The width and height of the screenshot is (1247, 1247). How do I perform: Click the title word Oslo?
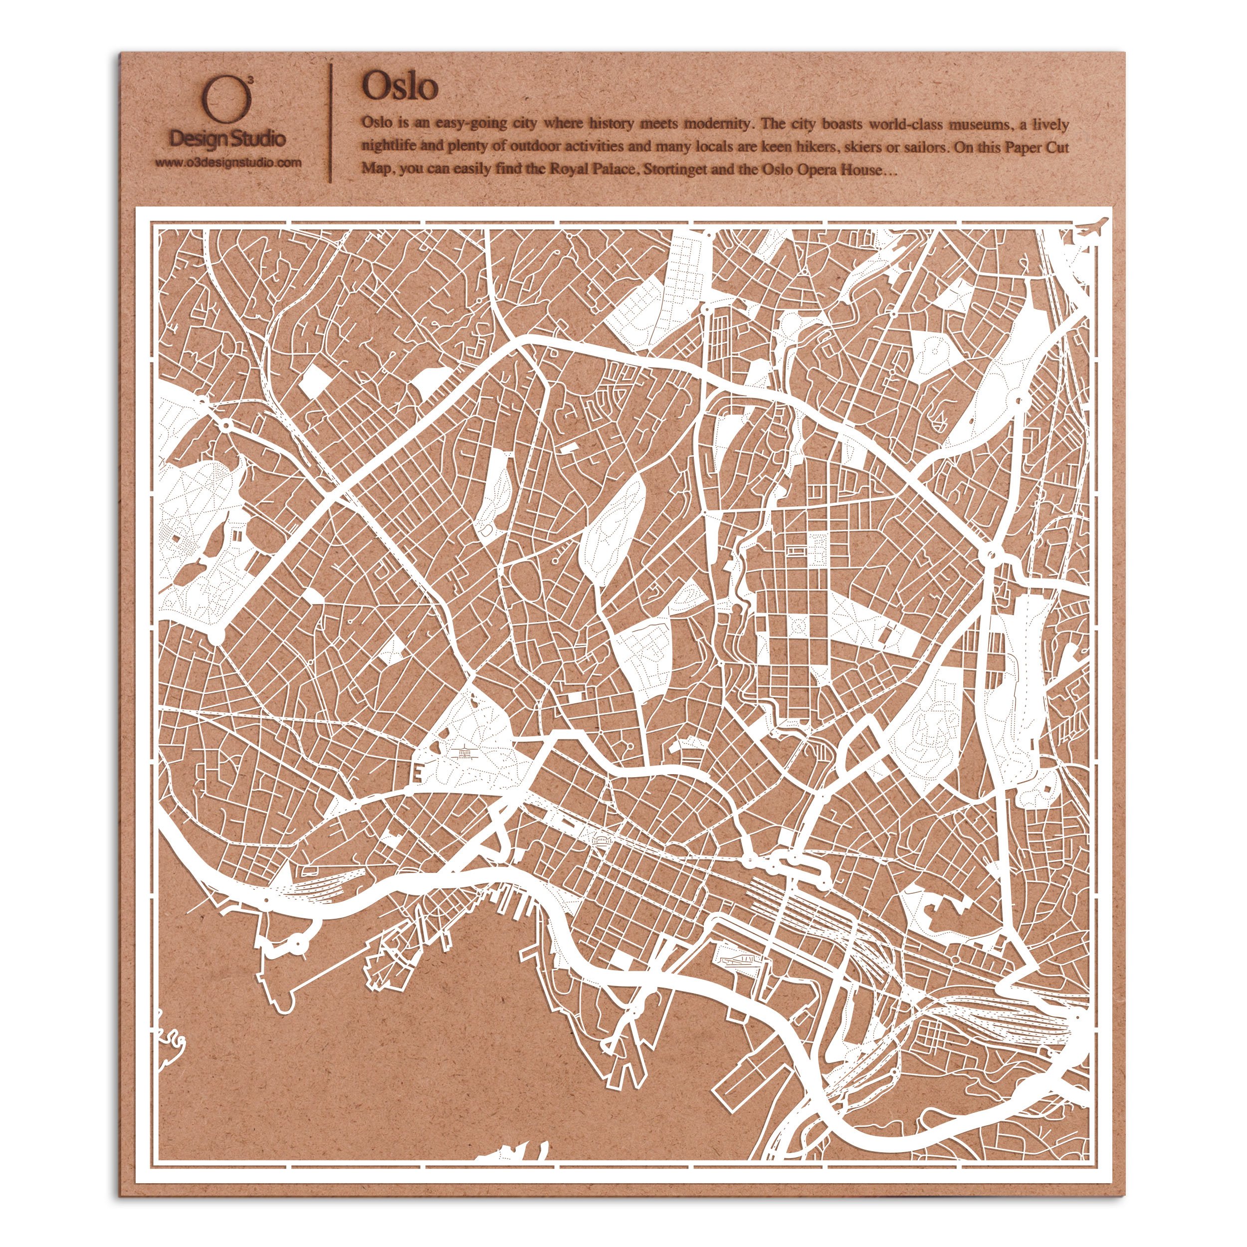coord(400,86)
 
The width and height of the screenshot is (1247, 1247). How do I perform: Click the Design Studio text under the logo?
coord(227,138)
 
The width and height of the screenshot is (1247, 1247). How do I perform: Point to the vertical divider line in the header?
coord(331,122)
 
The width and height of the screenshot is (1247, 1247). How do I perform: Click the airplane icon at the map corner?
coord(1092,228)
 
